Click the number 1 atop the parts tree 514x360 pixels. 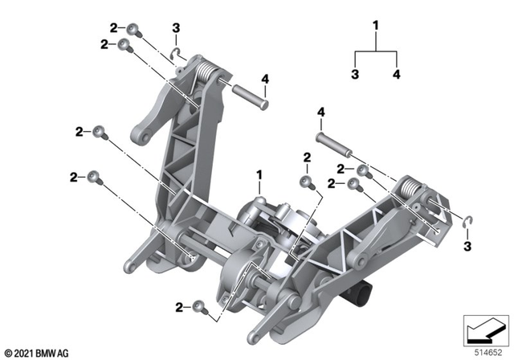375,26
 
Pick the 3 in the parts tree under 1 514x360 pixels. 355,75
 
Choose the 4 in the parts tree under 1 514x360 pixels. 396,75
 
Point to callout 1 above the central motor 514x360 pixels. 259,174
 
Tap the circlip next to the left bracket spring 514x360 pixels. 177,55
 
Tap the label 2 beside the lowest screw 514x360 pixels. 181,306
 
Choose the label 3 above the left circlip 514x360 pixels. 176,30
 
